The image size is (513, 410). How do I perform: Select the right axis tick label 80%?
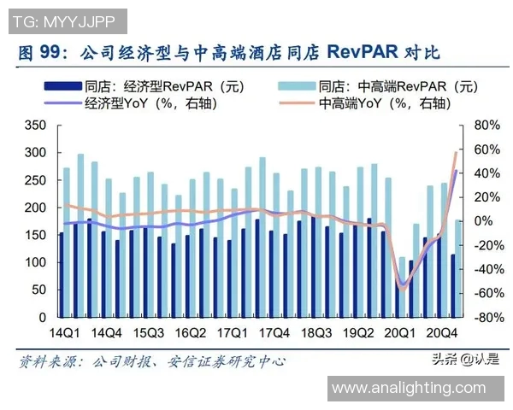(485, 125)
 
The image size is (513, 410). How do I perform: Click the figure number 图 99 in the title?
(39, 52)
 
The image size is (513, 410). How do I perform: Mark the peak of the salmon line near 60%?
(456, 152)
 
